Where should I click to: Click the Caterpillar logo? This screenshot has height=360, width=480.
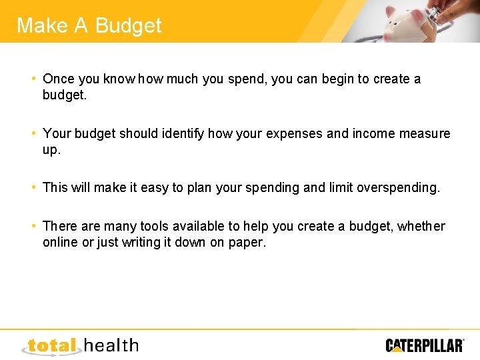click(425, 345)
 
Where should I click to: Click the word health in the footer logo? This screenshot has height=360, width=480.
click(112, 345)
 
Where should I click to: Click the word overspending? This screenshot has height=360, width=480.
click(398, 188)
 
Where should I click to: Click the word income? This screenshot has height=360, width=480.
click(374, 133)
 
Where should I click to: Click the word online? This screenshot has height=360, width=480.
click(60, 243)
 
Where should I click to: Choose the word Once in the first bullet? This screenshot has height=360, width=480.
click(59, 79)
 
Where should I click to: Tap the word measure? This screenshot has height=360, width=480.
click(425, 133)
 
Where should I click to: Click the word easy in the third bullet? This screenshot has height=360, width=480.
click(155, 188)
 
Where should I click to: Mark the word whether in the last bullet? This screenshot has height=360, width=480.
click(421, 227)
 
